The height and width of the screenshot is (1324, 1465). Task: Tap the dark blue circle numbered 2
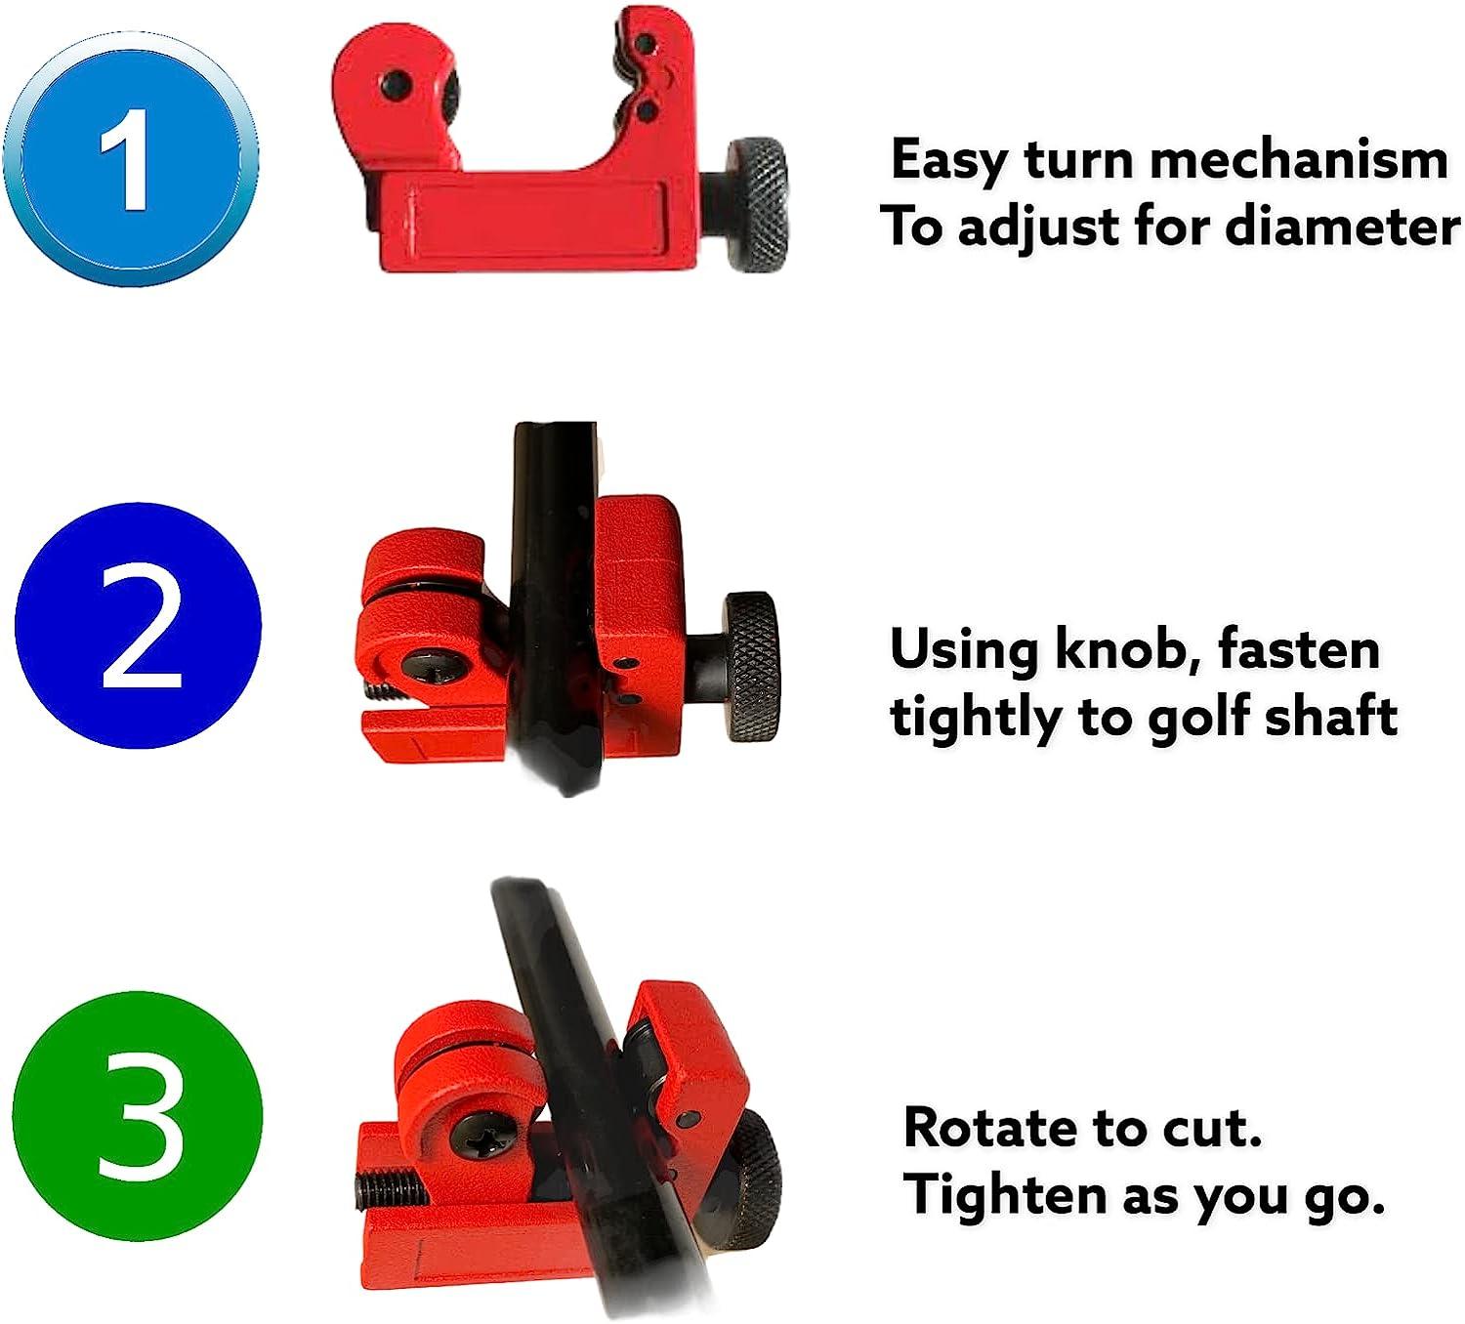tap(138, 626)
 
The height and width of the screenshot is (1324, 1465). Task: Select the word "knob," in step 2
tap(1124, 649)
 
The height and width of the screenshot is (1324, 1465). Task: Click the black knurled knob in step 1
tap(756, 202)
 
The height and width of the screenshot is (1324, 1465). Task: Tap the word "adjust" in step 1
tap(1036, 228)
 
